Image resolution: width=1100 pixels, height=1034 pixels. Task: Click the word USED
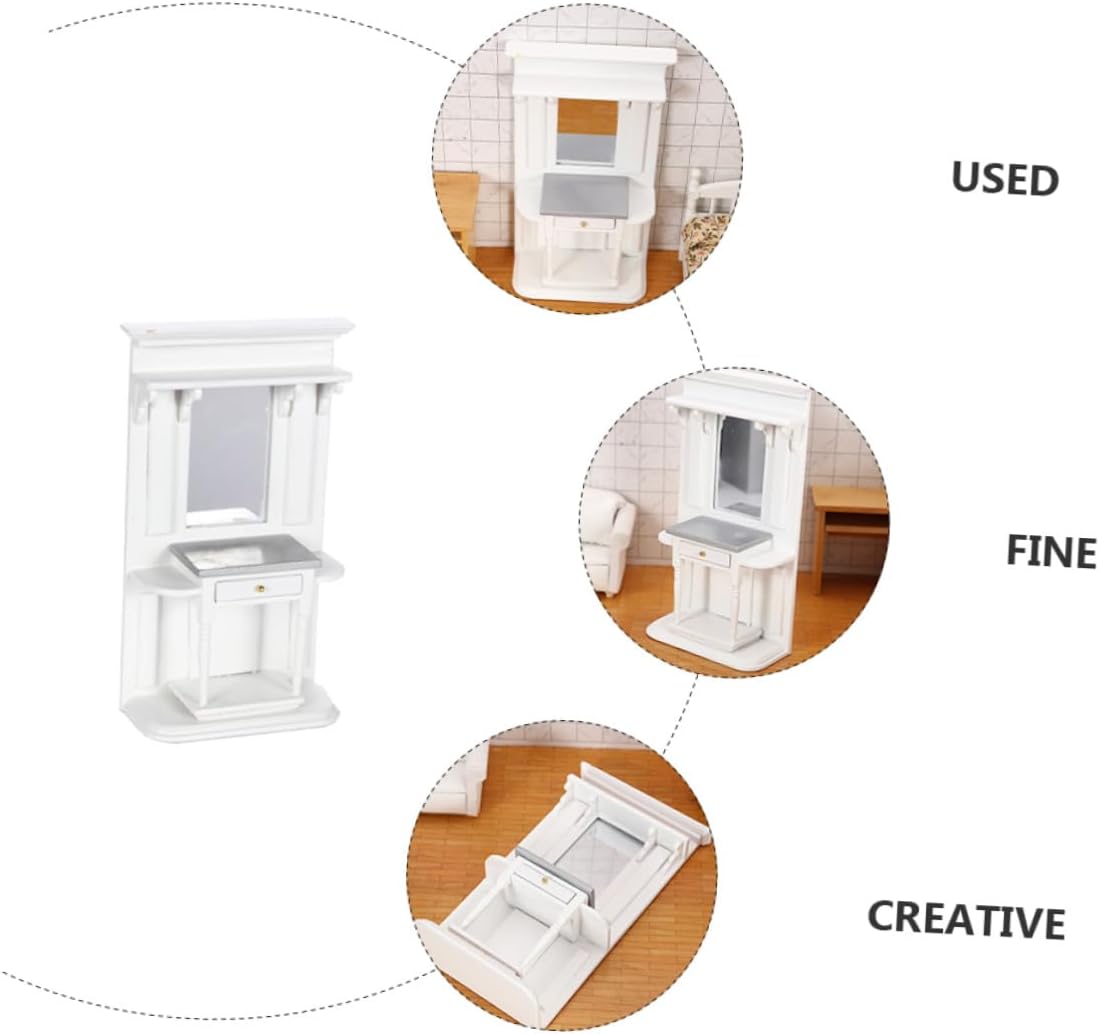(x=1004, y=179)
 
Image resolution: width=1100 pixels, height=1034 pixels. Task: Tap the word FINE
(x=1050, y=551)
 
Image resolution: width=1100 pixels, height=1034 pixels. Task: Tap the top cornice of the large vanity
(x=238, y=330)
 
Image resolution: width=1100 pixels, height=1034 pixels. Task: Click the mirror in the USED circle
(x=586, y=131)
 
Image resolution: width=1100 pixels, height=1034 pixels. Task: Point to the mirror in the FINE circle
(x=741, y=465)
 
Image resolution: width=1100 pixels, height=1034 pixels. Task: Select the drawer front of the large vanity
(x=259, y=589)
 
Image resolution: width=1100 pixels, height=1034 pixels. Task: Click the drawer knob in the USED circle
(x=584, y=223)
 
